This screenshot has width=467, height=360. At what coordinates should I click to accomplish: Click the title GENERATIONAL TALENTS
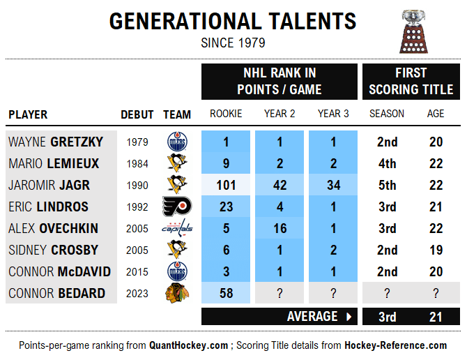tap(233, 22)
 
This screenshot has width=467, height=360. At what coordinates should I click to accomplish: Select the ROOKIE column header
tap(226, 114)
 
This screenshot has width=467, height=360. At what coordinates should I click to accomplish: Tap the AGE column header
tap(436, 114)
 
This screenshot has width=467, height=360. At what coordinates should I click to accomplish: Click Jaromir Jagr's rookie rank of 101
tap(226, 186)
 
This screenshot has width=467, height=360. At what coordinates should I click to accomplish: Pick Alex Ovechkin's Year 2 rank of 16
tap(280, 228)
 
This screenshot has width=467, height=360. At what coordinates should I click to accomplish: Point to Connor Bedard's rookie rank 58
tap(226, 293)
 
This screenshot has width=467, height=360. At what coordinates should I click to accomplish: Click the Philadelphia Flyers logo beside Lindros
tap(177, 207)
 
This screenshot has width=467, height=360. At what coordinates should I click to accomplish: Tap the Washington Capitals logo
tap(177, 228)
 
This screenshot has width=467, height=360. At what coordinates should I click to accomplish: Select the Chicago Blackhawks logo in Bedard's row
tap(177, 293)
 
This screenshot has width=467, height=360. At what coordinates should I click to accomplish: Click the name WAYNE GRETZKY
tap(56, 142)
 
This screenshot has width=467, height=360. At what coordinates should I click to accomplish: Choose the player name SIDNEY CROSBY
tap(53, 250)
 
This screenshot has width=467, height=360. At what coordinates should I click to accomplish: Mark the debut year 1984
tap(137, 164)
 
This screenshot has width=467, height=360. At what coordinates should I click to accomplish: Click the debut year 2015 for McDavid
tap(137, 271)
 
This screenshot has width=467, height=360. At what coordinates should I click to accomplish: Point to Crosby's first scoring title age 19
tap(436, 250)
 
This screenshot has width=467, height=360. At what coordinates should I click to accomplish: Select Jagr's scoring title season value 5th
tap(387, 186)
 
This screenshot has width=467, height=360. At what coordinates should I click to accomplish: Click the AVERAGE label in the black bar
tap(312, 316)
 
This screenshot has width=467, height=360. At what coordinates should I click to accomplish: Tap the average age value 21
tap(436, 317)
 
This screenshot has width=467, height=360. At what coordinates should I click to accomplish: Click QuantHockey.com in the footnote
tap(188, 345)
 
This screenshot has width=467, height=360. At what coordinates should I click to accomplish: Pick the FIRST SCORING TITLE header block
tap(411, 81)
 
